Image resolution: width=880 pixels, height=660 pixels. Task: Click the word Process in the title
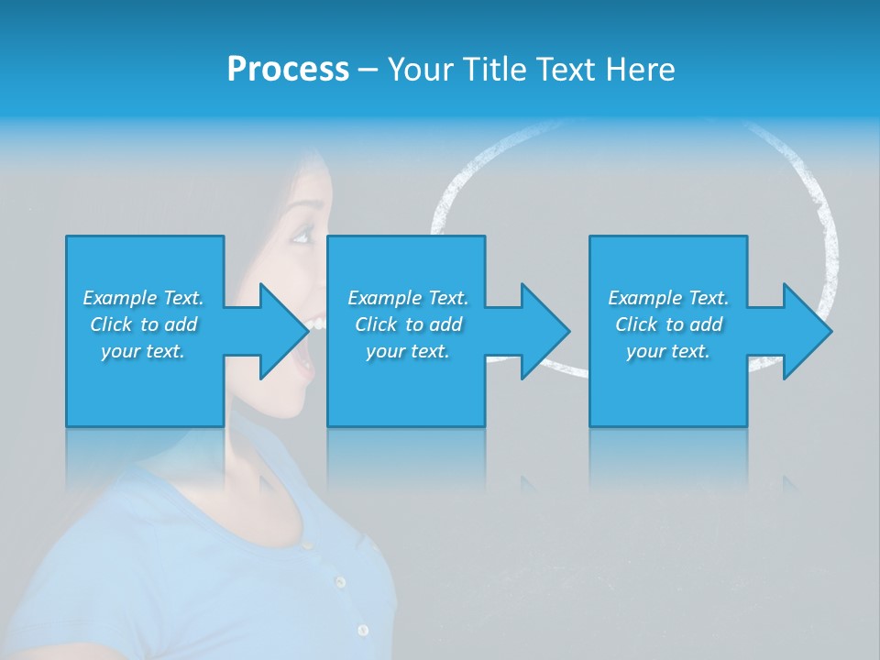pos(288,70)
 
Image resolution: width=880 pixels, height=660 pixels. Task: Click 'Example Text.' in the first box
pos(143,298)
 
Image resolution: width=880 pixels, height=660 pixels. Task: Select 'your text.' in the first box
pos(143,351)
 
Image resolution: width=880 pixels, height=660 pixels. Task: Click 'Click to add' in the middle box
pos(408,324)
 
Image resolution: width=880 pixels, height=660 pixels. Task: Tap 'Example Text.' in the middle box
pos(408,298)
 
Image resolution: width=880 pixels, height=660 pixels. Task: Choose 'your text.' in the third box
pos(668,351)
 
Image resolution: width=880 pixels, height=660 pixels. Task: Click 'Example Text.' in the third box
pos(668,298)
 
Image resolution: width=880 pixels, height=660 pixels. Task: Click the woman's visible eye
pos(301,237)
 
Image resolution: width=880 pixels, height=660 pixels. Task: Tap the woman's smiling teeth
pos(314,323)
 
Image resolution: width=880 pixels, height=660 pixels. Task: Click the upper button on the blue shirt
pos(340,582)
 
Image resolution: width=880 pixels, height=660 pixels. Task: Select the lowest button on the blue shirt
pos(363,630)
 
